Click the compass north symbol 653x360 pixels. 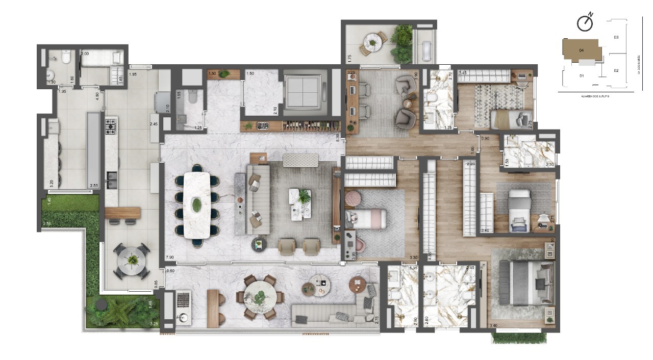(x=585, y=22)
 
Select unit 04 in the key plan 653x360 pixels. (x=581, y=49)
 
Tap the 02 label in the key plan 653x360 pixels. (x=616, y=70)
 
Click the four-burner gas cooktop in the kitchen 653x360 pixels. (x=111, y=126)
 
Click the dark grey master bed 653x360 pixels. (x=525, y=282)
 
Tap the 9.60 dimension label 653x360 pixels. (x=169, y=271)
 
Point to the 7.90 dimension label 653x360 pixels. (x=169, y=258)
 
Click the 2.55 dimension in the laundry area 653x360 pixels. (x=94, y=186)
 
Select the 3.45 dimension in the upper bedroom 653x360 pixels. (x=463, y=73)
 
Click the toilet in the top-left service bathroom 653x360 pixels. (x=66, y=58)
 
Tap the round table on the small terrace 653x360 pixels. (x=373, y=41)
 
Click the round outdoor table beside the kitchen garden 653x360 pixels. (x=132, y=260)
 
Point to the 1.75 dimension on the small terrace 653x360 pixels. (x=349, y=59)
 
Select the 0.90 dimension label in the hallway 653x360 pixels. (x=485, y=138)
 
